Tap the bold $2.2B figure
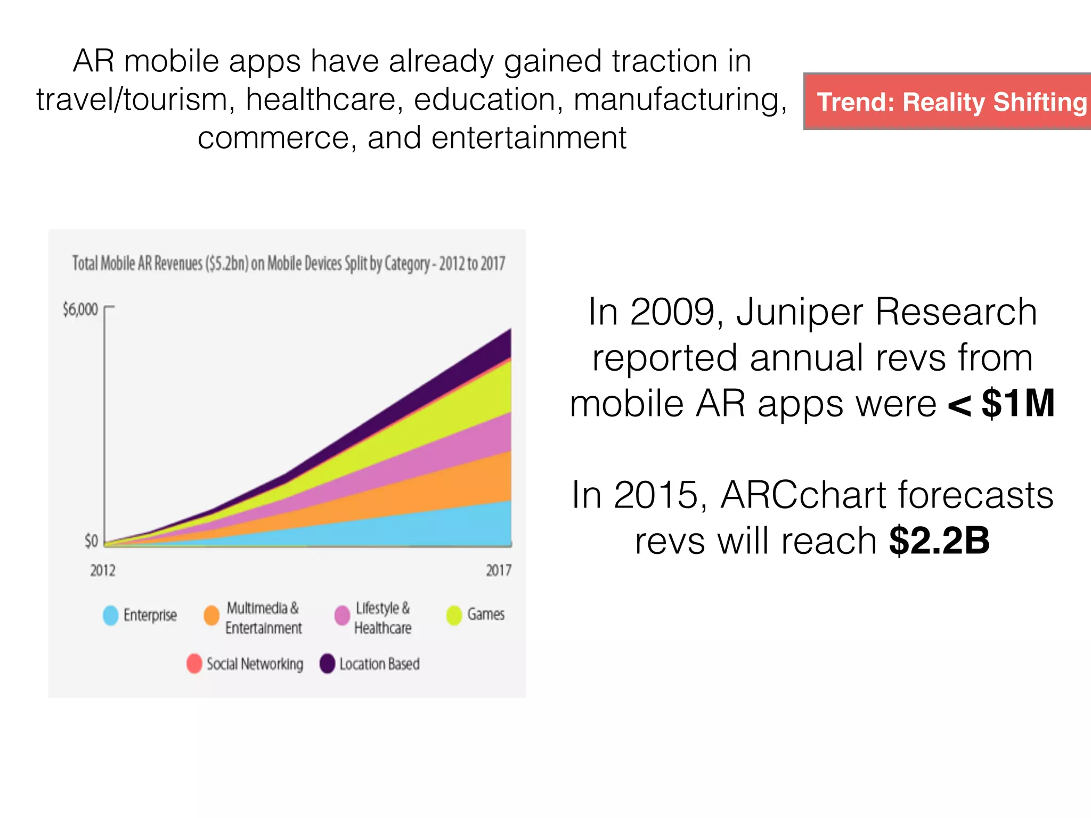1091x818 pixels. (x=939, y=541)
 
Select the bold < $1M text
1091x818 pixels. (x=1001, y=403)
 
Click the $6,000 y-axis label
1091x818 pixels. (x=80, y=309)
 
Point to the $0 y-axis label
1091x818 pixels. (x=91, y=541)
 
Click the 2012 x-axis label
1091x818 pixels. (x=102, y=570)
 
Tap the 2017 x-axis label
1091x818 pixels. (x=498, y=570)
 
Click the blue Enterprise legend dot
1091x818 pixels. (x=110, y=615)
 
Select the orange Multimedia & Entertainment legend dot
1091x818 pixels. (x=211, y=615)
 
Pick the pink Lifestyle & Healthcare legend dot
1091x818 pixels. (x=342, y=615)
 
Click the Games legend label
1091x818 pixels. (x=485, y=614)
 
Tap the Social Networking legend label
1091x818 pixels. (x=255, y=664)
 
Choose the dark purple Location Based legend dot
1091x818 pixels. (x=327, y=664)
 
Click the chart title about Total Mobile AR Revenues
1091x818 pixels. (x=289, y=263)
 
